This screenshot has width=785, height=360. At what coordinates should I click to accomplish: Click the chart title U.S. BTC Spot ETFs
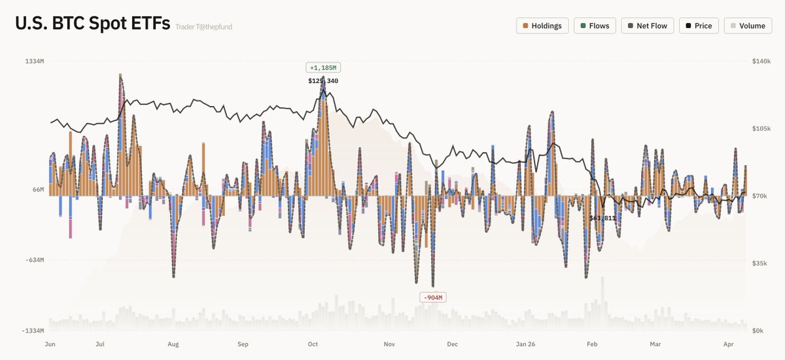92,24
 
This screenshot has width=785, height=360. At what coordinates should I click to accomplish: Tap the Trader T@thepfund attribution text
203,27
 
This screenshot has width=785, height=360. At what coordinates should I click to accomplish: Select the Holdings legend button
542,26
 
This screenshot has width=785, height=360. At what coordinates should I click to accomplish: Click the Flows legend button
595,26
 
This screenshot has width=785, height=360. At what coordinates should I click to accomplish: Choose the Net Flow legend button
647,26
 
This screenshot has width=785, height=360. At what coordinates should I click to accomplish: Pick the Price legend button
699,26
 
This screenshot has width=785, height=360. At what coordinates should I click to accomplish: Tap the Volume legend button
748,26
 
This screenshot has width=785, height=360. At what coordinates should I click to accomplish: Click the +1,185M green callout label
323,67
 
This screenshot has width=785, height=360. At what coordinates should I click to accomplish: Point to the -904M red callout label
432,298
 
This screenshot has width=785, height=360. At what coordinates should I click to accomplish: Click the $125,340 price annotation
323,81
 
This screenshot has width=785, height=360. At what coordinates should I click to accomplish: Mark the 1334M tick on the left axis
34,62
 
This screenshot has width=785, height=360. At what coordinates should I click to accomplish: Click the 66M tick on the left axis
38,190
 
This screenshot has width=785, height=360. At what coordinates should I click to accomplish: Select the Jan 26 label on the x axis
526,343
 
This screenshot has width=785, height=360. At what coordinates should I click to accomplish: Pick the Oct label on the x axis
313,343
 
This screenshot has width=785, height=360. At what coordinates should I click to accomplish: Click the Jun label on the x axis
50,343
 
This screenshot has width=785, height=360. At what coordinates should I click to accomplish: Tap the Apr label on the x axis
728,343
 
